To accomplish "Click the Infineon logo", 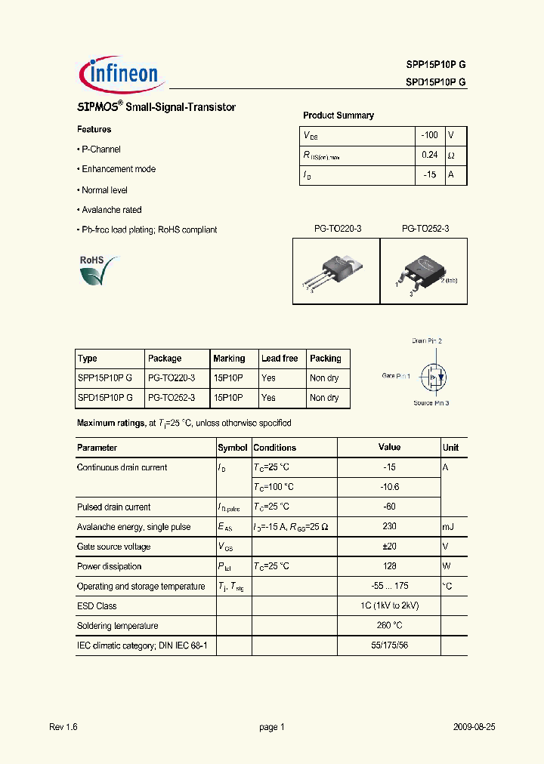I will coord(120,73).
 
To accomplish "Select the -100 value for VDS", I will coord(429,135).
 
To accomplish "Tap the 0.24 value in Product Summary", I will coord(429,155).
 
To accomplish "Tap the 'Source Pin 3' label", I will coord(431,403).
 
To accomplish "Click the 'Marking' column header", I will coord(229,359).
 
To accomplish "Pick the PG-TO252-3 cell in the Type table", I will coord(172,398).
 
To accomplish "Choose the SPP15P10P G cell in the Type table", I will coord(105,378).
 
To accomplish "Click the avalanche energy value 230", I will coord(389,527).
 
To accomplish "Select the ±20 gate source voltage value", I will coord(389,547).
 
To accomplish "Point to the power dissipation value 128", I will coord(389,566).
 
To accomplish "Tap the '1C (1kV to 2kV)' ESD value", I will coord(389,606).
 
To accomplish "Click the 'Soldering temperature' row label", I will coord(117,626).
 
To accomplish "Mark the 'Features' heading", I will coord(94,130).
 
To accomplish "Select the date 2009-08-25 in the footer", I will coord(474,727).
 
